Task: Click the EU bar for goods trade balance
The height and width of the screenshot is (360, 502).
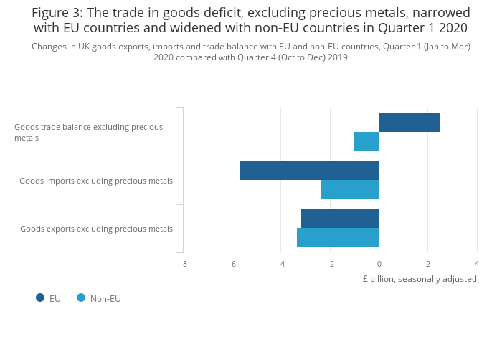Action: (x=409, y=123)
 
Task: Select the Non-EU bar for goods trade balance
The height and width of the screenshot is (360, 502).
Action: (x=366, y=142)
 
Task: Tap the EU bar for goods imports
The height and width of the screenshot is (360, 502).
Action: (x=309, y=171)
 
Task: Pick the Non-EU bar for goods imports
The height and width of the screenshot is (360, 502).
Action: (x=350, y=190)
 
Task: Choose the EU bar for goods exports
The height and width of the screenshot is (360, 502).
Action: (x=340, y=219)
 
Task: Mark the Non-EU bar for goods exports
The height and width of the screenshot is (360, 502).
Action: (x=338, y=238)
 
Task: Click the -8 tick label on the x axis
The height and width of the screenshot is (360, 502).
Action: (x=184, y=264)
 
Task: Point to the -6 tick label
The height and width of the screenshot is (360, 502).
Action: (x=232, y=264)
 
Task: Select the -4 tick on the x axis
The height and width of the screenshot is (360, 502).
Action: (x=281, y=264)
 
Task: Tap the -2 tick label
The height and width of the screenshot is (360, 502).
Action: (x=330, y=264)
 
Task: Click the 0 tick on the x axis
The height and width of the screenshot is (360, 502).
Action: (x=379, y=264)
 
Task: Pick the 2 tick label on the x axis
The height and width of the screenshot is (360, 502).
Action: (x=428, y=264)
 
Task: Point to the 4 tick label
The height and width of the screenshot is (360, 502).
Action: (x=477, y=264)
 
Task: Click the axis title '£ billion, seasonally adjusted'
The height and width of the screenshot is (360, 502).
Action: (x=420, y=279)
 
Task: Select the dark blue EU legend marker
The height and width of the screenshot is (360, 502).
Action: (x=40, y=298)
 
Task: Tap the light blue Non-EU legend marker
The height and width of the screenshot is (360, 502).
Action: (x=81, y=298)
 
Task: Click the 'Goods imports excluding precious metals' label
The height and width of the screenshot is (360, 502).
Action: (x=96, y=181)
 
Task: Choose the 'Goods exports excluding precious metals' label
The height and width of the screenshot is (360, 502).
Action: (x=96, y=229)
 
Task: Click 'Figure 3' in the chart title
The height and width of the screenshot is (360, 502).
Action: (x=56, y=13)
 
